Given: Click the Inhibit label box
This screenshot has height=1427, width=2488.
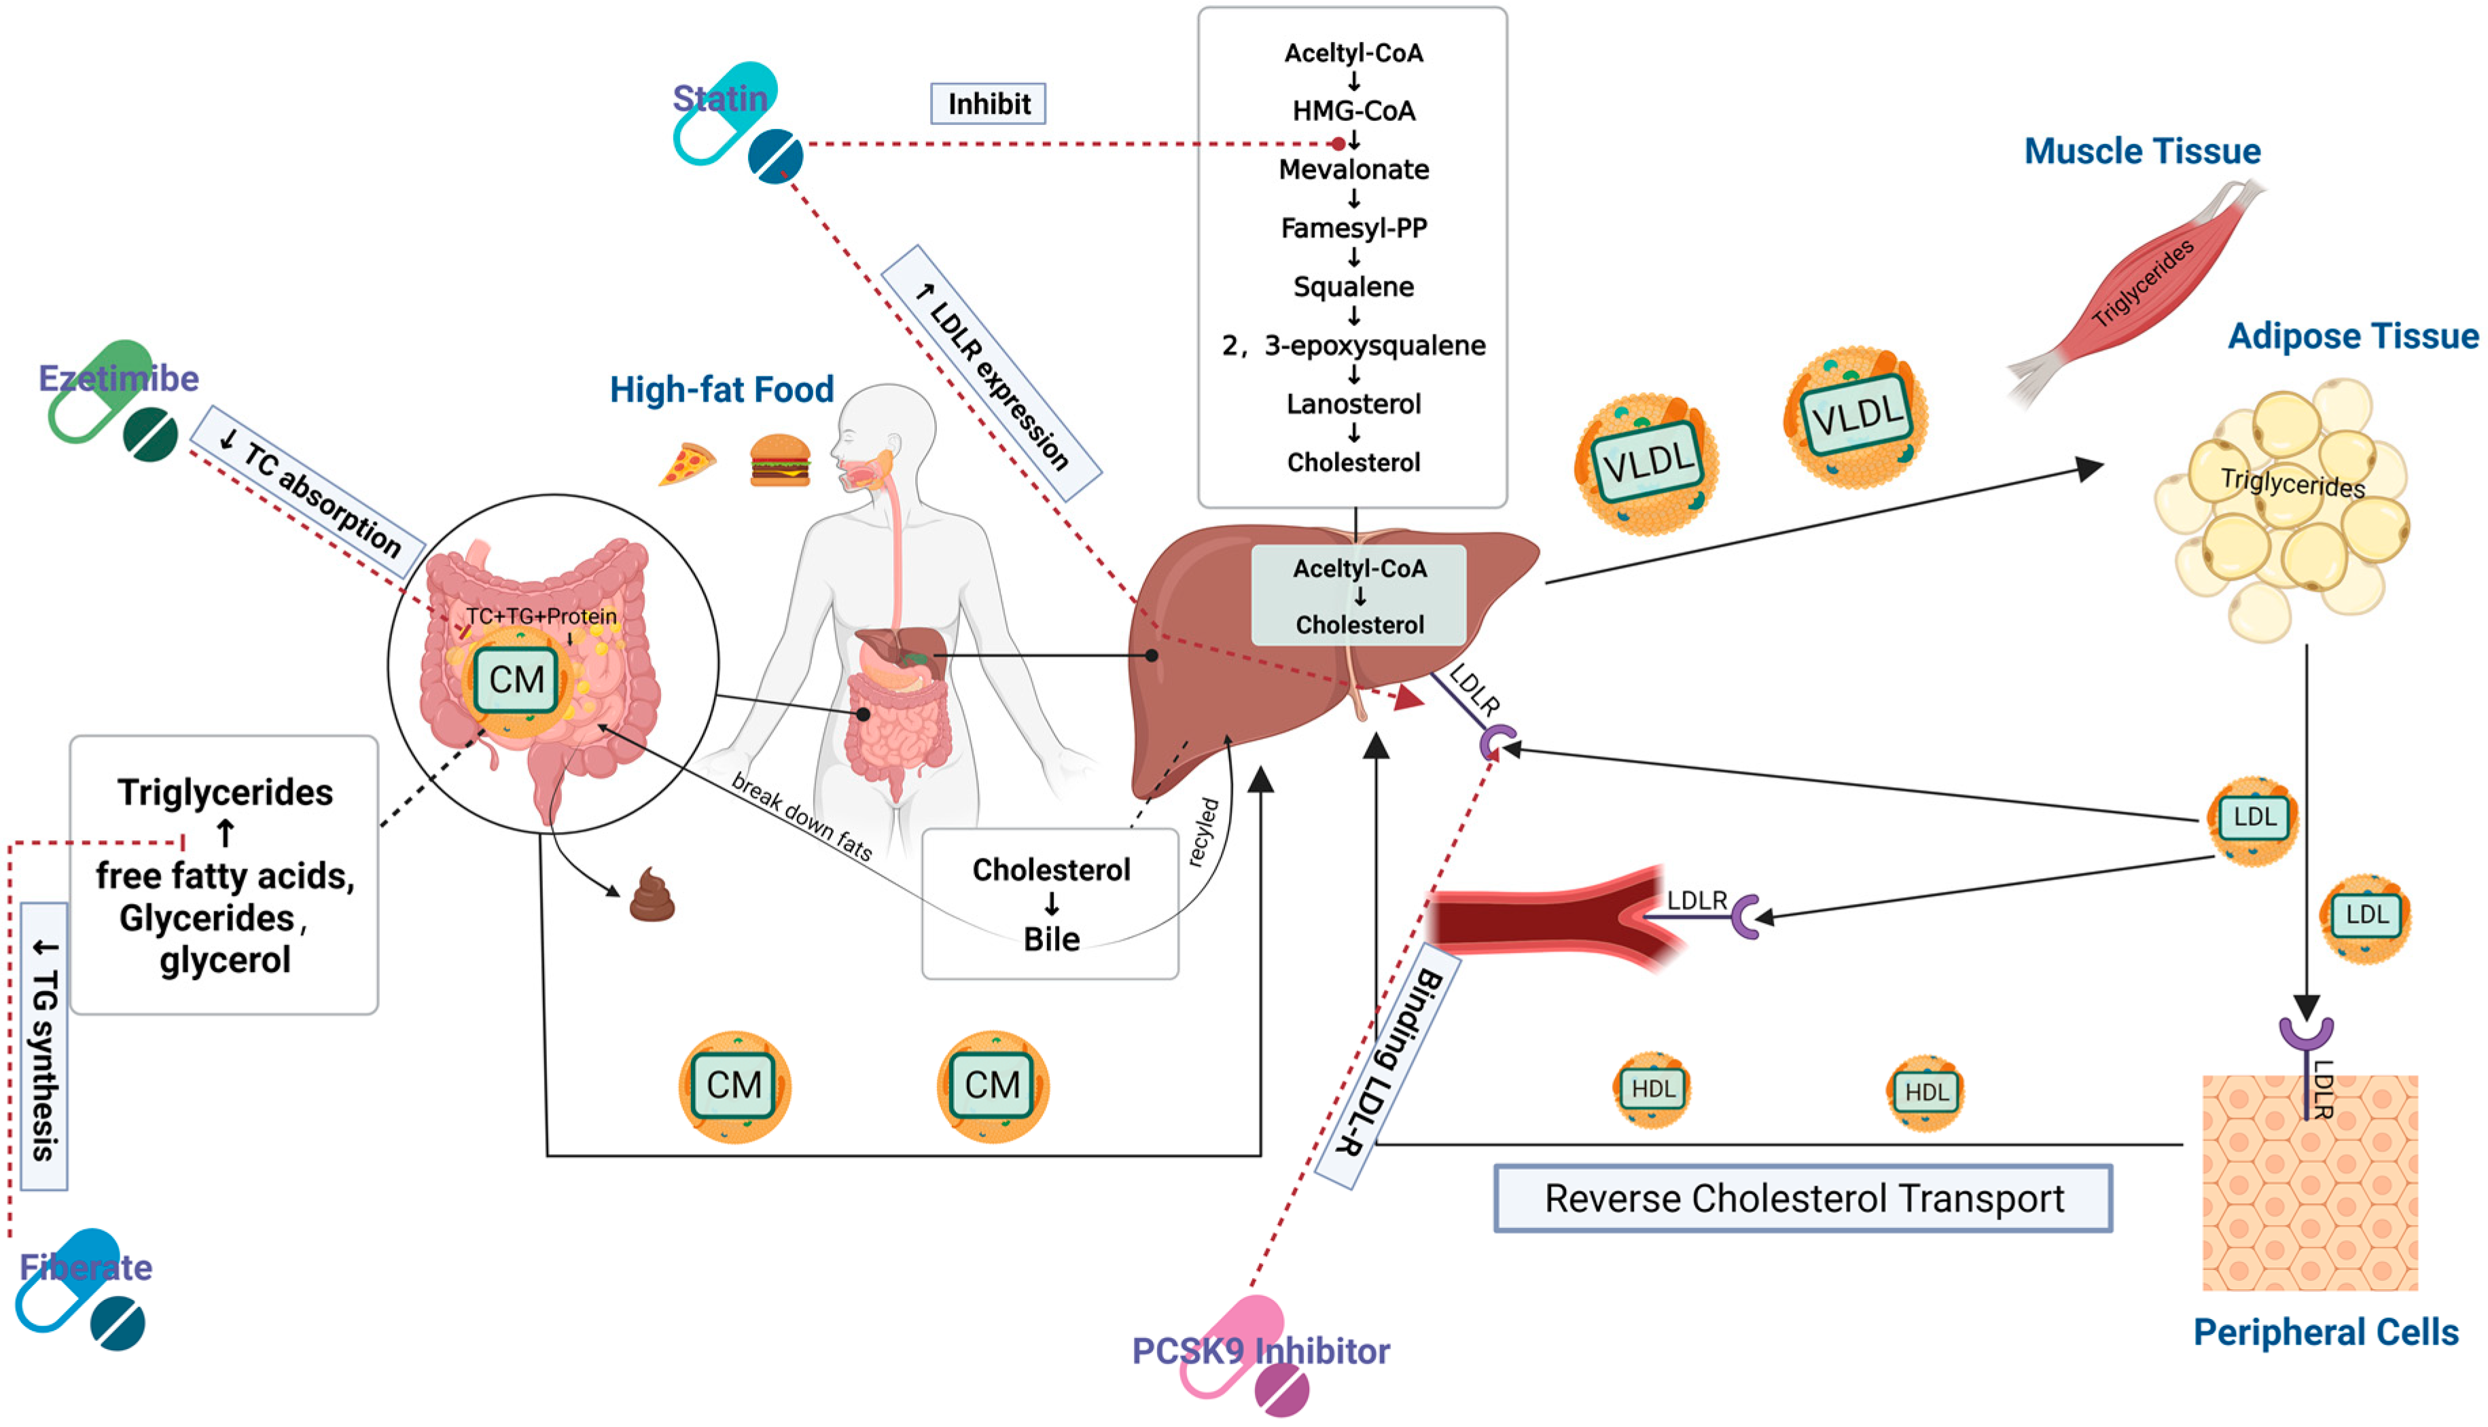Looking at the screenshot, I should coord(987,103).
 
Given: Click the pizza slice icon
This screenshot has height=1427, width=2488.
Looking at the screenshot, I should coord(687,464).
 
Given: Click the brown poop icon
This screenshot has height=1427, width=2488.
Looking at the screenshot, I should coord(652,895).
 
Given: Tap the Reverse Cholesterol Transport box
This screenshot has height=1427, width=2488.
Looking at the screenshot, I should coord(1802,1197).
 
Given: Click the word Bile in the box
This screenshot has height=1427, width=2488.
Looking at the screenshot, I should coord(1051,939).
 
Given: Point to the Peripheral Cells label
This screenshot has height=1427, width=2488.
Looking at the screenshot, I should coord(2324,1332).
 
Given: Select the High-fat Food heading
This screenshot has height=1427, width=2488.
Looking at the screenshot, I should coord(722,389).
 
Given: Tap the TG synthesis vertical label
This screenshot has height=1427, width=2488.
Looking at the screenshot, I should coord(44,1046).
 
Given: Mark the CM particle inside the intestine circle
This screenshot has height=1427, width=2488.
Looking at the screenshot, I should coord(516,679).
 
